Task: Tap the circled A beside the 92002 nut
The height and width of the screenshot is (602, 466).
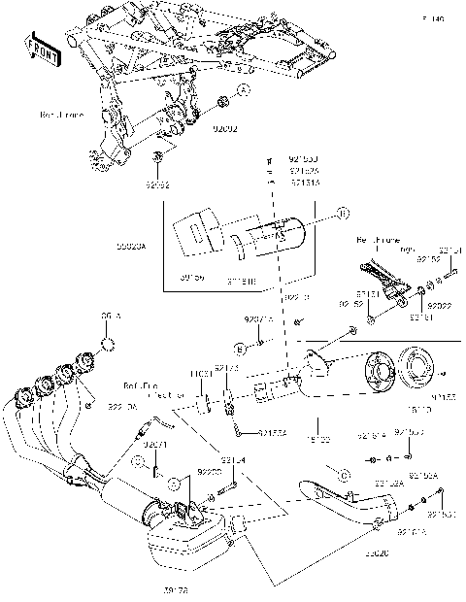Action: pyautogui.click(x=244, y=90)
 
